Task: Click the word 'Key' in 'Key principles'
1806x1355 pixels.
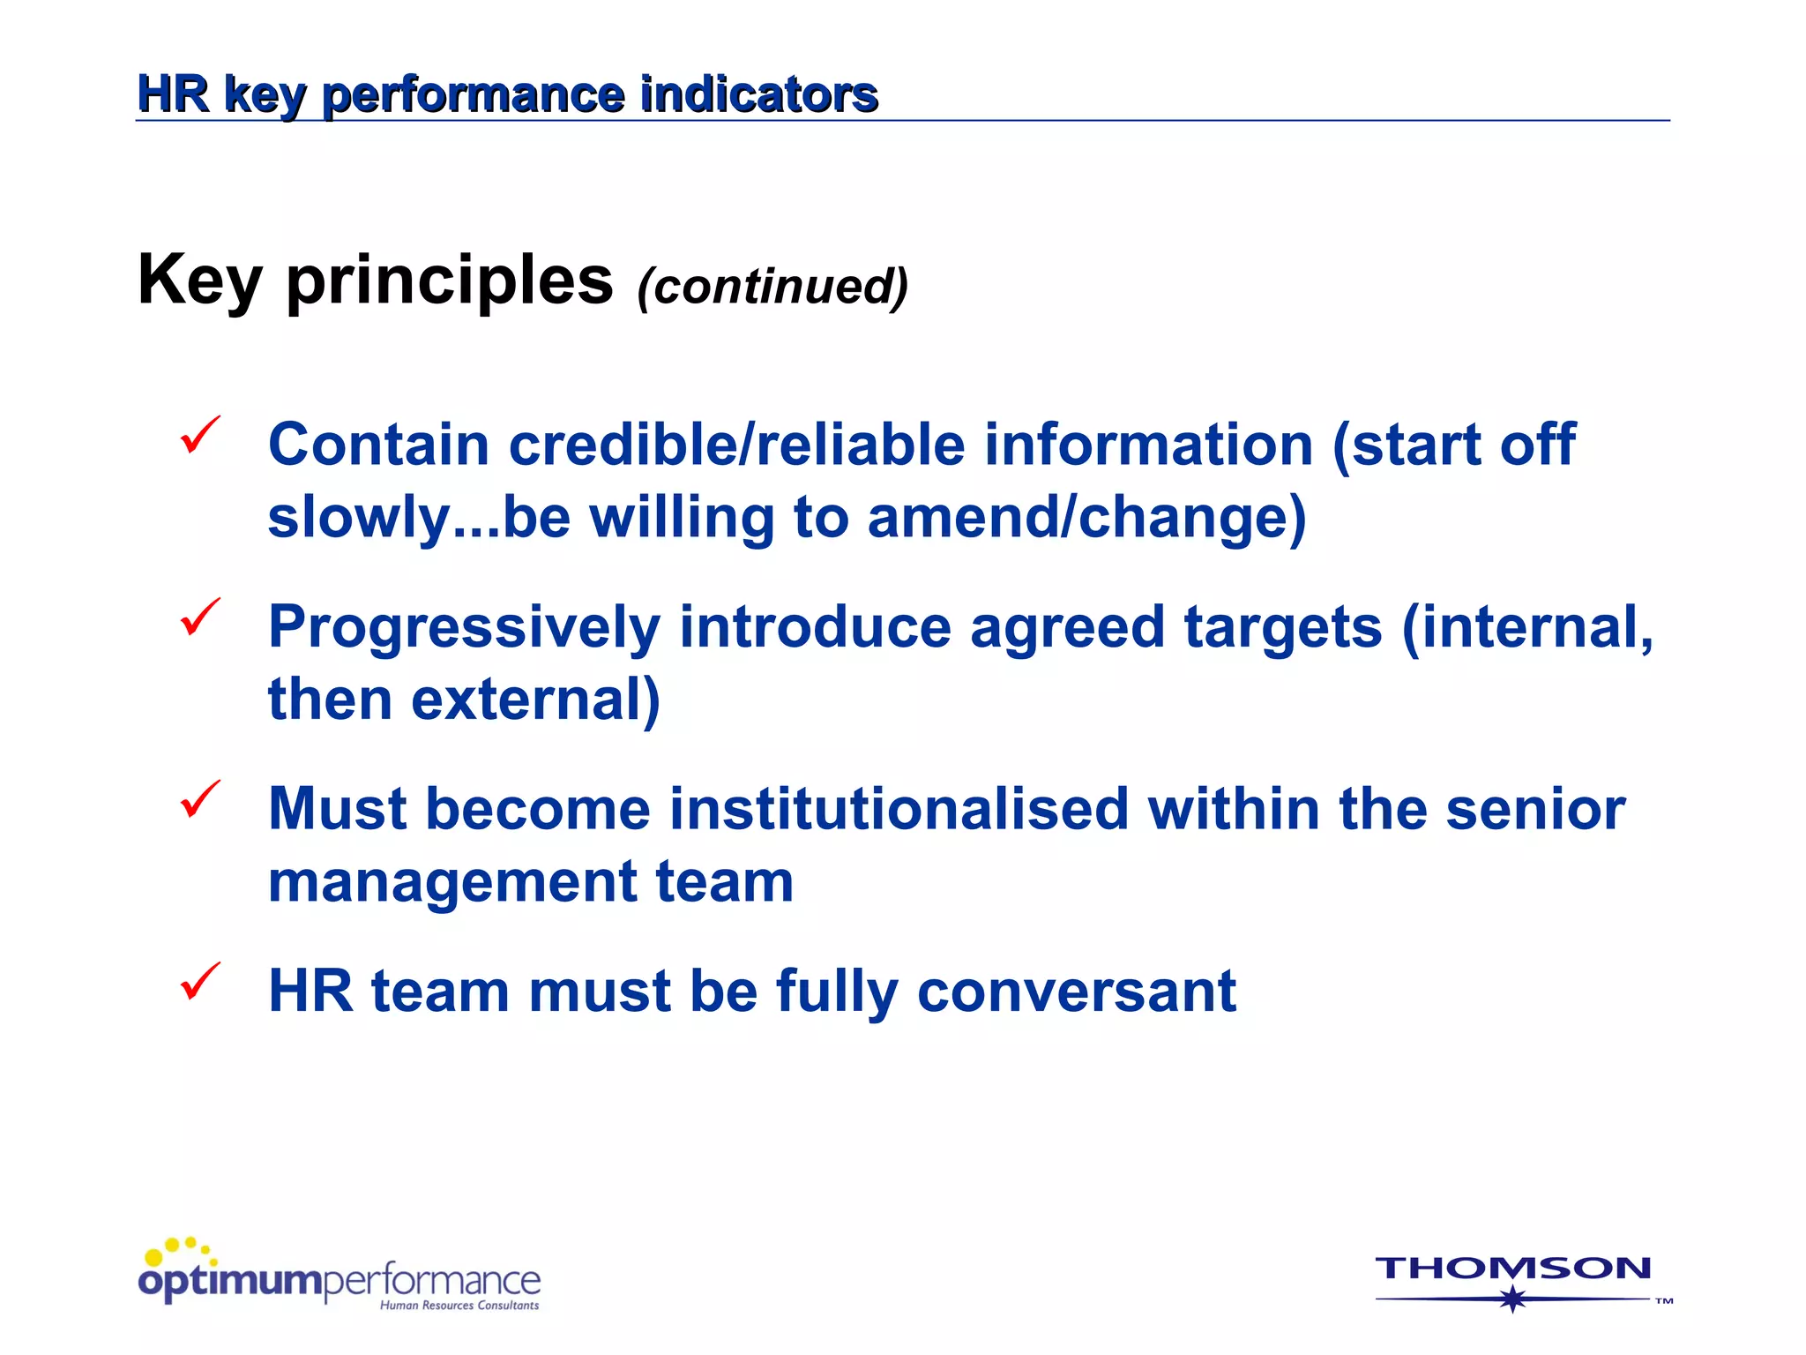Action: tap(199, 281)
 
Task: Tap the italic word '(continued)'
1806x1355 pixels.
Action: tap(772, 287)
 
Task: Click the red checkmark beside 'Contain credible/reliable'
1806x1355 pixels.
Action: tap(199, 436)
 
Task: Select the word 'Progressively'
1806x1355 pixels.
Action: tap(464, 628)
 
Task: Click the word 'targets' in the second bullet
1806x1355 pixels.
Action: tap(1282, 626)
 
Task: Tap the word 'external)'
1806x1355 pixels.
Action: tap(535, 700)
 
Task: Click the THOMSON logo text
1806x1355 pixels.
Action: tap(1512, 1269)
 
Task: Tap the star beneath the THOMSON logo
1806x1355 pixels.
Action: tap(1512, 1299)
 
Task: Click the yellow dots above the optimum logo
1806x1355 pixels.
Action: tap(179, 1248)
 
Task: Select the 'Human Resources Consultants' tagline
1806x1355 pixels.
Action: tap(459, 1306)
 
